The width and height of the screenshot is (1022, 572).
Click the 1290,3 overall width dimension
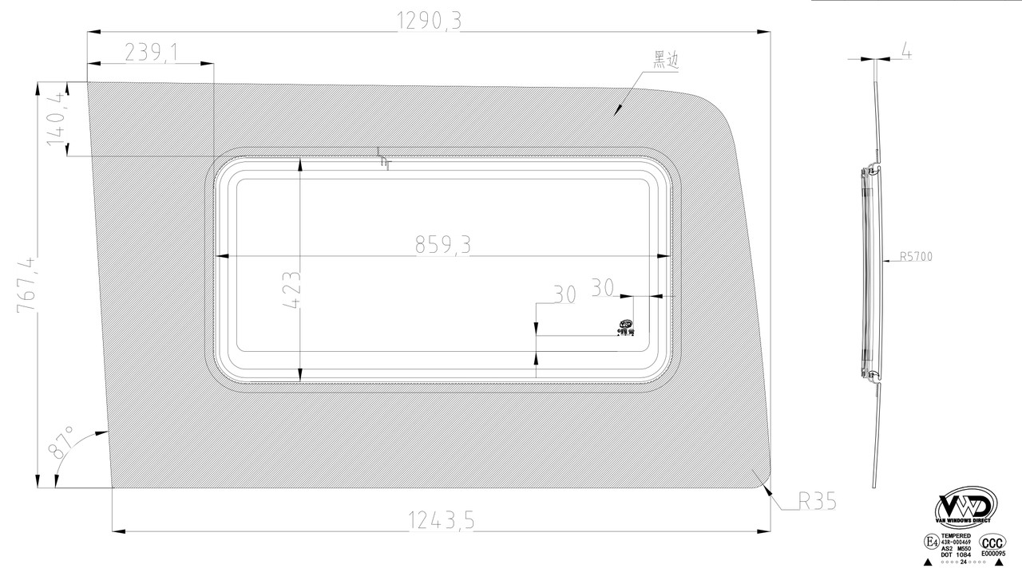430,22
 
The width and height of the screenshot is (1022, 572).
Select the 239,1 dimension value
151,53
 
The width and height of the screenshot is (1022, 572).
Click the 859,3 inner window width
442,247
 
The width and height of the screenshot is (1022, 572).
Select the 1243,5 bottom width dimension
442,521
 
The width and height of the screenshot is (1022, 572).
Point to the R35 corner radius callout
817,502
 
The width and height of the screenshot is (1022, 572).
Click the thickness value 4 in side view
906,51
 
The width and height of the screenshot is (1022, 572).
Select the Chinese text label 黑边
666,60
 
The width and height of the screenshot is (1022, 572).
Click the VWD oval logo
966,506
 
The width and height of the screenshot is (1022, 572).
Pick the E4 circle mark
931,542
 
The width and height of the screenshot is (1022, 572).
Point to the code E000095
992,553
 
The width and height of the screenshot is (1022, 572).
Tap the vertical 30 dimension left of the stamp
564,294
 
